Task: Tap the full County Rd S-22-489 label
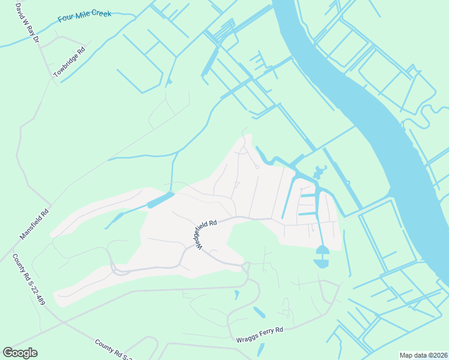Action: [x=28, y=280]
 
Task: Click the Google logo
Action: [x=20, y=353]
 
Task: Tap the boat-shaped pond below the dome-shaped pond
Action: [x=321, y=263]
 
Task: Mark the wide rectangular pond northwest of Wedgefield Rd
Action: [x=160, y=200]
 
